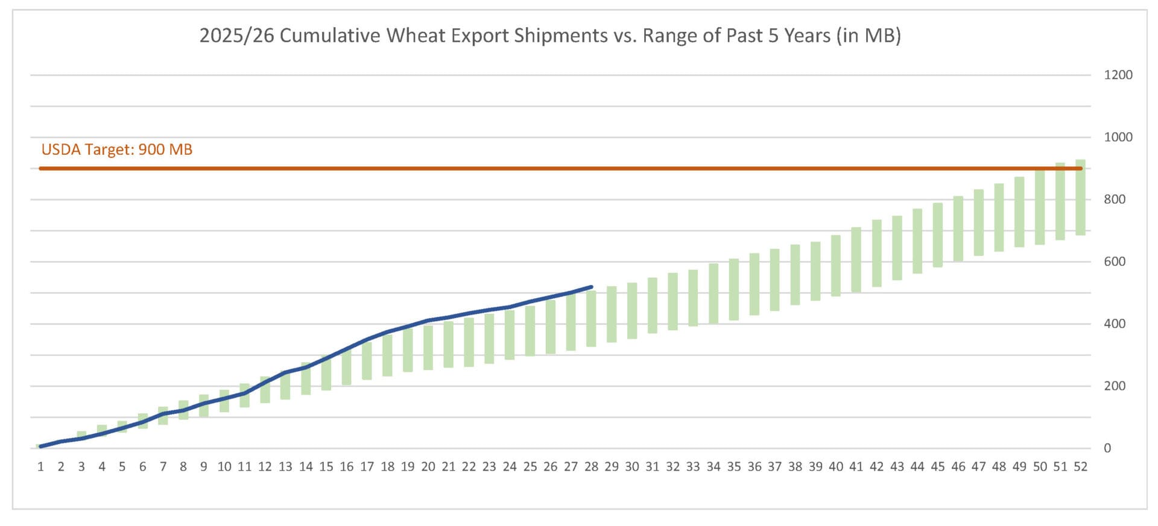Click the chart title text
pyautogui.click(x=550, y=36)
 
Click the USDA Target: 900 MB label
pyautogui.click(x=117, y=149)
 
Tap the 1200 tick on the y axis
pyautogui.click(x=1118, y=75)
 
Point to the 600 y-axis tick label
pyautogui.click(x=1115, y=261)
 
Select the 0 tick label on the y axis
pyautogui.click(x=1107, y=448)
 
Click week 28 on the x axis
pyautogui.click(x=591, y=466)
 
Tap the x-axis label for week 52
pyautogui.click(x=1080, y=466)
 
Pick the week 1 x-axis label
pyautogui.click(x=40, y=466)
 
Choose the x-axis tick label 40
pyautogui.click(x=836, y=466)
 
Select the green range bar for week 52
pyautogui.click(x=1080, y=198)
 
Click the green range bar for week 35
pyautogui.click(x=734, y=289)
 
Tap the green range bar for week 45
pyautogui.click(x=938, y=235)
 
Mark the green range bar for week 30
pyautogui.click(x=632, y=311)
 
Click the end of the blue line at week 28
pyautogui.click(x=591, y=287)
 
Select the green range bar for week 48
pyautogui.click(x=999, y=218)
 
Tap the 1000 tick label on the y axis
pyautogui.click(x=1118, y=137)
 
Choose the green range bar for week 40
pyautogui.click(x=836, y=266)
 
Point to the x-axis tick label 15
pyautogui.click(x=326, y=466)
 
